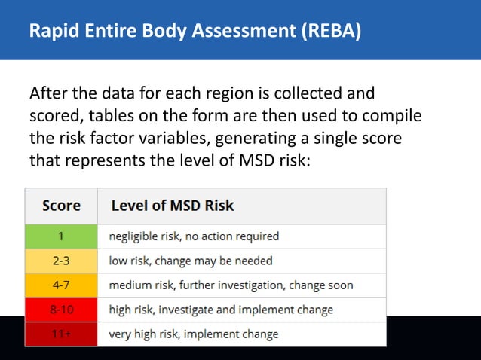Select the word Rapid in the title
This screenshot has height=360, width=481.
coord(51,32)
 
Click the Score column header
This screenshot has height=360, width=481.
coord(61,205)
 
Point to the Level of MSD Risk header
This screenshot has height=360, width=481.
coord(173,205)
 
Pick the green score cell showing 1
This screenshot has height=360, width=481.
coord(61,236)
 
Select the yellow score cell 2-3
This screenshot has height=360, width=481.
coord(61,261)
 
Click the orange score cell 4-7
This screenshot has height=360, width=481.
coord(61,285)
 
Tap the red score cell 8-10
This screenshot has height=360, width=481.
coord(61,310)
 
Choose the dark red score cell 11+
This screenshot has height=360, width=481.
coord(61,334)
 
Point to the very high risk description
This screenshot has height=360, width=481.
coord(194,334)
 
